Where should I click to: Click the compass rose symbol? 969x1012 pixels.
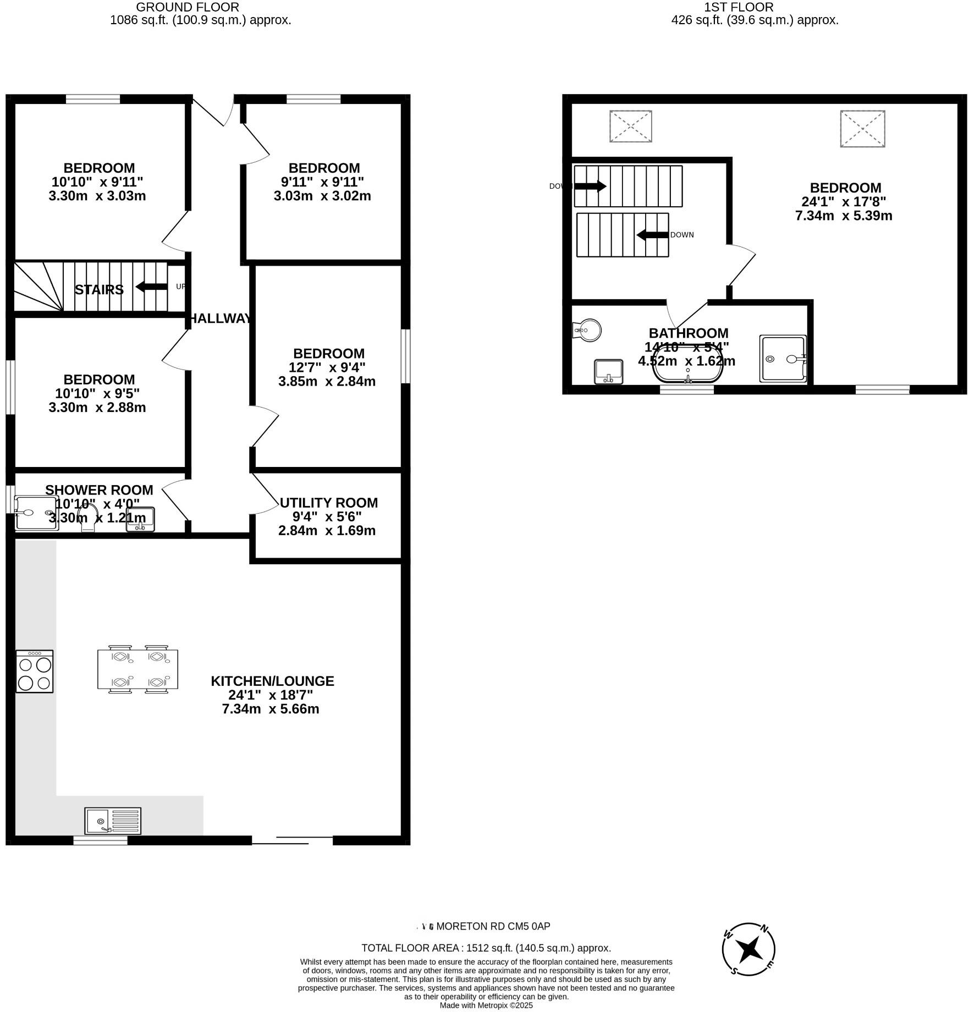pyautogui.click(x=748, y=949)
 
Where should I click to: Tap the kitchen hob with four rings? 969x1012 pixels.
pyautogui.click(x=35, y=671)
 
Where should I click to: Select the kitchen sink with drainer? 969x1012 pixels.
pyautogui.click(x=113, y=821)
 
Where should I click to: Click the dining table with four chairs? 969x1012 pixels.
pyautogui.click(x=137, y=669)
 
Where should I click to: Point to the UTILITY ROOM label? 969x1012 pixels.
pyautogui.click(x=328, y=503)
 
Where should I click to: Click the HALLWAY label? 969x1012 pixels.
pyautogui.click(x=221, y=318)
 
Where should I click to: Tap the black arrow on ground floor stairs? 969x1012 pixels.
pyautogui.click(x=151, y=287)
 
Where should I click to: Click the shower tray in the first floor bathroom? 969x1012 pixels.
pyautogui.click(x=783, y=359)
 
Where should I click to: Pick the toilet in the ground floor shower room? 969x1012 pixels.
pyautogui.click(x=88, y=519)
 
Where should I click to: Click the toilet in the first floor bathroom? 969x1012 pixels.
pyautogui.click(x=587, y=331)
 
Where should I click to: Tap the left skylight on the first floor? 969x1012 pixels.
pyautogui.click(x=630, y=127)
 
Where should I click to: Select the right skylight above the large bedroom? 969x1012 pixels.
pyautogui.click(x=862, y=129)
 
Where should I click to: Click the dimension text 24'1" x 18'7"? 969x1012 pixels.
pyautogui.click(x=271, y=695)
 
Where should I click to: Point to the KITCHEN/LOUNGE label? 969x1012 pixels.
pyautogui.click(x=272, y=681)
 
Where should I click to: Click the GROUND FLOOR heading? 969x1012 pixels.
pyautogui.click(x=187, y=7)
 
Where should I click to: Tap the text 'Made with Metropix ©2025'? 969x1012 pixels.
pyautogui.click(x=486, y=1005)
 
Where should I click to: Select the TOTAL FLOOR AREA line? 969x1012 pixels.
pyautogui.click(x=486, y=948)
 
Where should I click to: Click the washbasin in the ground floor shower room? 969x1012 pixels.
pyautogui.click(x=141, y=519)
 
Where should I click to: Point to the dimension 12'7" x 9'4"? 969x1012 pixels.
pyautogui.click(x=327, y=367)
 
